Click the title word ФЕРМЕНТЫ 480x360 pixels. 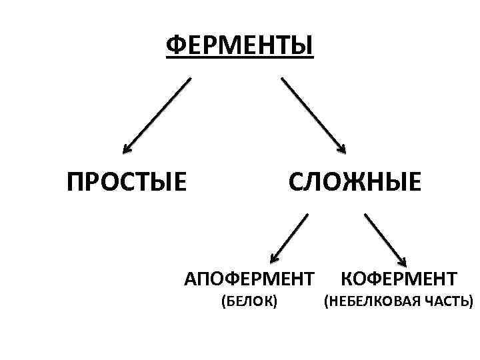pos(239,46)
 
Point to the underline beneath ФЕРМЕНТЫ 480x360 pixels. pos(239,59)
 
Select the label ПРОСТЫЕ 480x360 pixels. pos(127,181)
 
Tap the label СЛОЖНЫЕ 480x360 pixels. pos(354,181)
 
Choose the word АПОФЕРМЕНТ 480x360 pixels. pos(249,277)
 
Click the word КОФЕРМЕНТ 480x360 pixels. pos(399,277)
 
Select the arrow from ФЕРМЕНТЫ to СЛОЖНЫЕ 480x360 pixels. pos(312,113)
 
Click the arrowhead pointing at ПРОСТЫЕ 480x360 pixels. pos(127,148)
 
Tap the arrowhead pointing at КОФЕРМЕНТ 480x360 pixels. pos(402,260)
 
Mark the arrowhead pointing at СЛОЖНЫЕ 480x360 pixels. pos(343,148)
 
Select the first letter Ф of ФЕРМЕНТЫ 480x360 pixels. pos(175,46)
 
